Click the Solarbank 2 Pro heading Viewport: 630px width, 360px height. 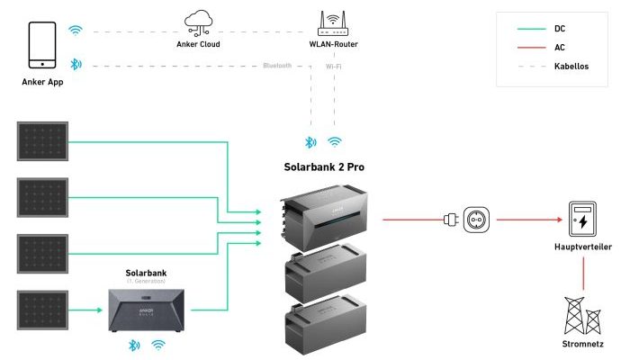[x=323, y=167]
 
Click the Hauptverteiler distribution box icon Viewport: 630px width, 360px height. [x=581, y=219]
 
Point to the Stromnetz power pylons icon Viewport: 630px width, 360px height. [x=581, y=316]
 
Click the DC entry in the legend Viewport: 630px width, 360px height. [x=558, y=29]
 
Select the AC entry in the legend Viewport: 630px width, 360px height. [x=558, y=48]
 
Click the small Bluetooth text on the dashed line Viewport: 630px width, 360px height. [x=277, y=67]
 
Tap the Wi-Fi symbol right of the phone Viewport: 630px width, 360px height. [x=76, y=30]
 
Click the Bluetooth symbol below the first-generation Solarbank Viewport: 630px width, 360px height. [x=133, y=345]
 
